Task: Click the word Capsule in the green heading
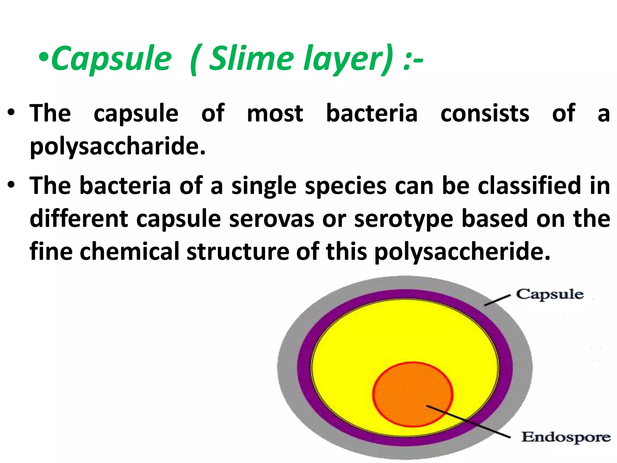pos(111,58)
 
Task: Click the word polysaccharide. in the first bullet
pos(117,146)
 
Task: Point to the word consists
pos(485,113)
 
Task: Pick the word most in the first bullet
pos(275,113)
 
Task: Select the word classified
pos(529,186)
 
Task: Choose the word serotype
pos(403,219)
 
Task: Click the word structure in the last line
pos(238,252)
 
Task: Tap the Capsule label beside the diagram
pos(550,294)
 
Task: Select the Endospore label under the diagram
pos(566,437)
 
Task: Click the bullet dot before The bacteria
pos(11,185)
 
